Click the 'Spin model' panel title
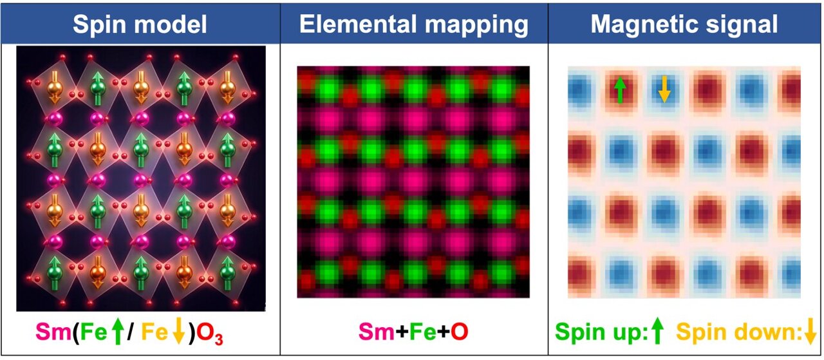coord(140,24)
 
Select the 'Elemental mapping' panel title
coord(414,24)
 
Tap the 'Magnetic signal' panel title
coord(684,24)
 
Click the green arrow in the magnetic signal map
coord(619,91)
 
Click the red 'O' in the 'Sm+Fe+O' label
coord(458,332)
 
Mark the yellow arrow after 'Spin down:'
coord(810,331)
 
